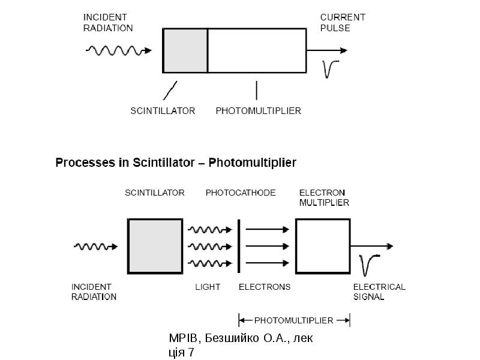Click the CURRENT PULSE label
pyautogui.click(x=343, y=23)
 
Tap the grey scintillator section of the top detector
pyautogui.click(x=185, y=50)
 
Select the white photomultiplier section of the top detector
pyautogui.click(x=257, y=50)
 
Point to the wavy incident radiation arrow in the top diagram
pyautogui.click(x=118, y=50)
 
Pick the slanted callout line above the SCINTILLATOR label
pyautogui.click(x=170, y=91)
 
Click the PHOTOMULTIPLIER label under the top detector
pyautogui.click(x=259, y=110)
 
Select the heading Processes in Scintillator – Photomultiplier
pyautogui.click(x=176, y=162)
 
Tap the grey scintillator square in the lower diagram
pyautogui.click(x=155, y=246)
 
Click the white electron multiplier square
pyautogui.click(x=323, y=246)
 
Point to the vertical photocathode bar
pyautogui.click(x=239, y=246)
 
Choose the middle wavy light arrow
pyautogui.click(x=210, y=247)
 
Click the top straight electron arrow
pyautogui.click(x=268, y=229)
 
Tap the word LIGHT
pyautogui.click(x=208, y=287)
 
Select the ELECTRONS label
pyautogui.click(x=265, y=287)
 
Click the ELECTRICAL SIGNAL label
pyautogui.click(x=379, y=292)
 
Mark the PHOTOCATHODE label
pyautogui.click(x=241, y=193)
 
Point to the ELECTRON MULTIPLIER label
pyautogui.click(x=324, y=197)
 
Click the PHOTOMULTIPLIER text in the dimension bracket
pyautogui.click(x=293, y=320)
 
